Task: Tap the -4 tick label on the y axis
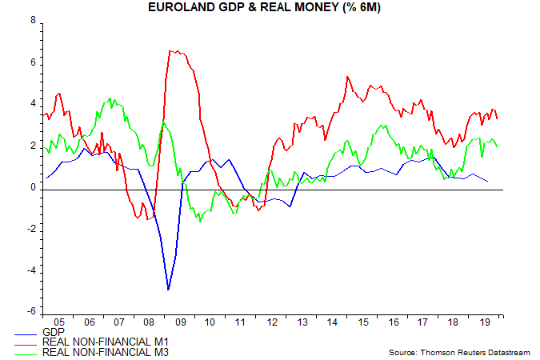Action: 30,270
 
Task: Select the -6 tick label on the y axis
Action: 30,312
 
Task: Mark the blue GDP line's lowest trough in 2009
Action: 168,290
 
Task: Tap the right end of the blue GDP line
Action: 489,182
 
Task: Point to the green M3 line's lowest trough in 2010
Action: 200,220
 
